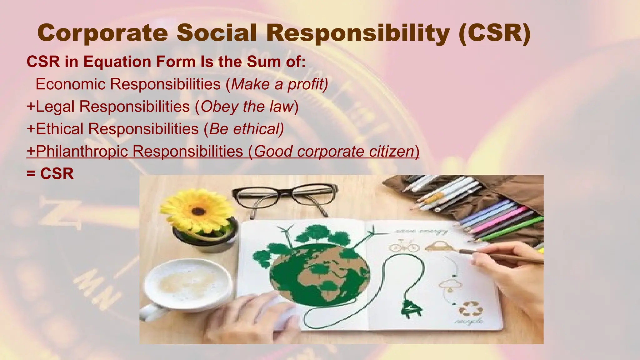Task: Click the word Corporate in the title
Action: (102, 33)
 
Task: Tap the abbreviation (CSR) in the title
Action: (495, 33)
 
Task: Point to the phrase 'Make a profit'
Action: (279, 84)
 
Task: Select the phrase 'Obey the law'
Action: (247, 107)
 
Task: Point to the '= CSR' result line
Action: (50, 174)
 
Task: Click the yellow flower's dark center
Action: (198, 211)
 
